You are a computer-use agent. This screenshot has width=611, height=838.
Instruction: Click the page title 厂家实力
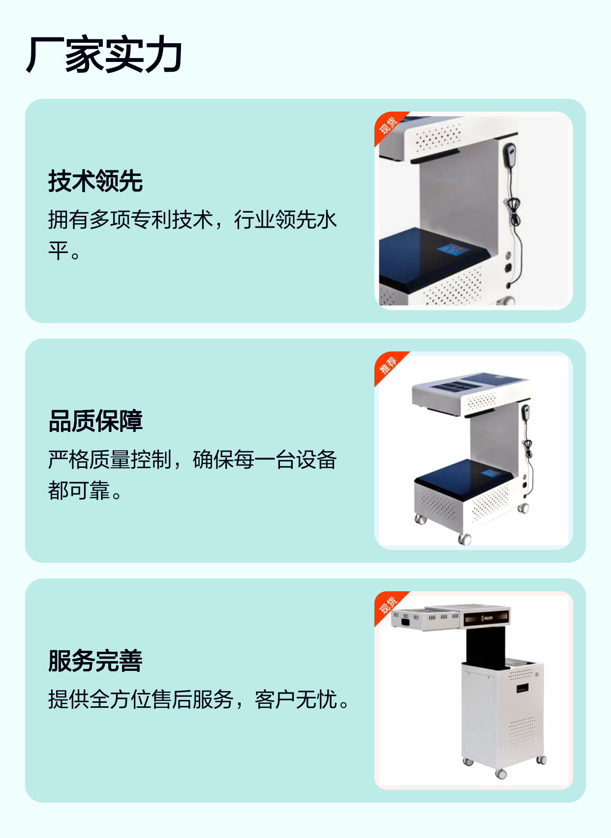point(104,54)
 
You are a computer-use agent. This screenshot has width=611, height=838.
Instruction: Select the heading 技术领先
point(95,181)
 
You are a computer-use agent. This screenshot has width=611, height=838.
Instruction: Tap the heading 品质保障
point(95,421)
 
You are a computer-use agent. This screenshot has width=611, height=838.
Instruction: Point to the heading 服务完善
point(95,661)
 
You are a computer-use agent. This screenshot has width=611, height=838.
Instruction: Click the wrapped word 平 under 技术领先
point(58,251)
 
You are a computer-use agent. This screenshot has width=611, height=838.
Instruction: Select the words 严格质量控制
point(110,459)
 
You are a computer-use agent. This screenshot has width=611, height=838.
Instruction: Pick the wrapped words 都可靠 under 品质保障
point(79,491)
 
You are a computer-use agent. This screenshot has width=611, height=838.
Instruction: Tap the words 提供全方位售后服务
point(141,699)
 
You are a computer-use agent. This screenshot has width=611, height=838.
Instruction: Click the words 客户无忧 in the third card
point(296,699)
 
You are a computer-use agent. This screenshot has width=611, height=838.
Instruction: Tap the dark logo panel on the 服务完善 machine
point(486,619)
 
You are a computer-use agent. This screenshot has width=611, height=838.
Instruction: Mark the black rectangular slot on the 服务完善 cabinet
point(522,688)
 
